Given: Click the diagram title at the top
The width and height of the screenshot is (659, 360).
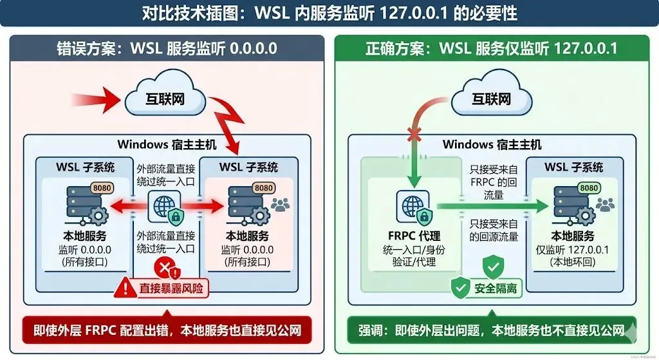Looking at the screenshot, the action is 329,12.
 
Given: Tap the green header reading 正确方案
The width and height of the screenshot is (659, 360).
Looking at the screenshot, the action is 493,48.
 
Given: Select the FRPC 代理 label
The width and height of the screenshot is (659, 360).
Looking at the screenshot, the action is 413,236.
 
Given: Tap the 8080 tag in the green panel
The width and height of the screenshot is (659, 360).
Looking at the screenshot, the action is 589,187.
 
